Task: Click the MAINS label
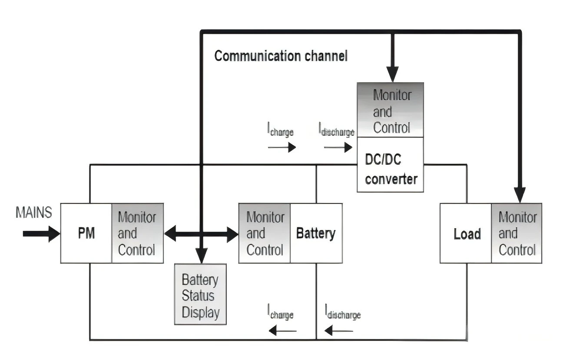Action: click(x=34, y=212)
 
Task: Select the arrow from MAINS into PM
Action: click(x=41, y=234)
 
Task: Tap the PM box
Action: click(x=86, y=233)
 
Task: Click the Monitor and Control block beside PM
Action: click(x=137, y=233)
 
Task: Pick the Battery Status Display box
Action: click(x=201, y=294)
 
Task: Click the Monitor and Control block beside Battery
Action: click(x=265, y=233)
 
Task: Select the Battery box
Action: click(x=316, y=233)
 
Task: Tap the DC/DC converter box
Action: click(x=390, y=165)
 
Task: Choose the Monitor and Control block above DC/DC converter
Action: click(x=390, y=110)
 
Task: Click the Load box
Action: click(x=466, y=233)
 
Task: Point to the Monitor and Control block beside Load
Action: click(x=517, y=233)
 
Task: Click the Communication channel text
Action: click(x=281, y=56)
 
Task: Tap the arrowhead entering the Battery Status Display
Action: click(x=202, y=256)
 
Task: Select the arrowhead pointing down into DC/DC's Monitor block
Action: click(x=393, y=74)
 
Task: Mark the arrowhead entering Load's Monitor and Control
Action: click(x=520, y=195)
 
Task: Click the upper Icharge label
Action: click(x=280, y=130)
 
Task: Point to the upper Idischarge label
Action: click(x=336, y=130)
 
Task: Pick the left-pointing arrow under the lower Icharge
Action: click(x=283, y=331)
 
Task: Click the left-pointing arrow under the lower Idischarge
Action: click(x=339, y=331)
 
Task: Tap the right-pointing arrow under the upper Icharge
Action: click(x=282, y=147)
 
